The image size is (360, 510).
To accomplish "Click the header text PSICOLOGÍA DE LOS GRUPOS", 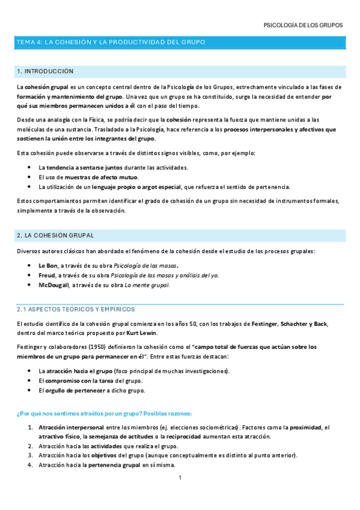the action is (x=304, y=26).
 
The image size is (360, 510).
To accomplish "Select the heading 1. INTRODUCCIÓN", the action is (x=45, y=72).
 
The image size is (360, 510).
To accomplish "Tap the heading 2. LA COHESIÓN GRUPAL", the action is (x=55, y=235).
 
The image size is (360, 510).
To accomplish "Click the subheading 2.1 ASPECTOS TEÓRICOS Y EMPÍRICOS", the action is (x=75, y=309).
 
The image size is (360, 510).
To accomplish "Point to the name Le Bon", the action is (x=47, y=265).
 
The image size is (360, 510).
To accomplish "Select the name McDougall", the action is (x=53, y=285).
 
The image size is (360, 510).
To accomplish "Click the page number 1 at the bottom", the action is (x=180, y=478).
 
